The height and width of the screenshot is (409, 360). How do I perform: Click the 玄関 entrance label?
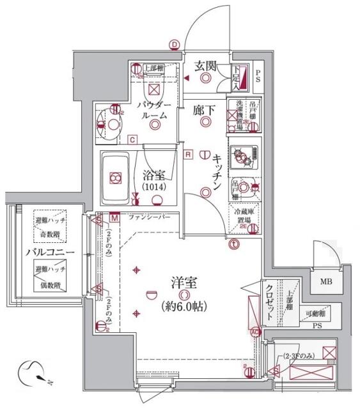205,65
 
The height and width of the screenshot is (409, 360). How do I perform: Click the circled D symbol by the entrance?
174,44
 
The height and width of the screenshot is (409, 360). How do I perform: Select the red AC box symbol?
254,332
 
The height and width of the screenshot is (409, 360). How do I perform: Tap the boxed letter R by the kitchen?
188,155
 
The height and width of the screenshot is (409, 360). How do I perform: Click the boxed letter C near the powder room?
131,139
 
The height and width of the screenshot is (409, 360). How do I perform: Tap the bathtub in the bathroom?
116,176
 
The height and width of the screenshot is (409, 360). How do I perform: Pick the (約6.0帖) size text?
184,305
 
